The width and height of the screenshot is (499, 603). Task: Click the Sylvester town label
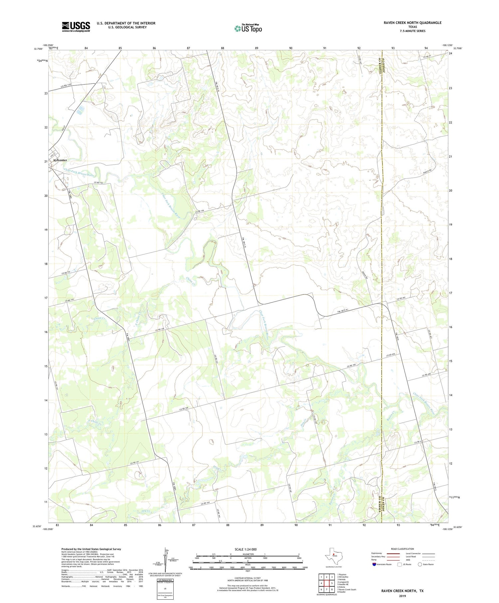[60, 160]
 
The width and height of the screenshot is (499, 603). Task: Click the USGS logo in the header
[76, 27]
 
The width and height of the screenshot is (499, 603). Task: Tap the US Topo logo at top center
[248, 29]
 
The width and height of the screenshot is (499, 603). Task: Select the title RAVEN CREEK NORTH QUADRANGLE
[413, 23]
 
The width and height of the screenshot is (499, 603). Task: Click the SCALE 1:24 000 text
[246, 549]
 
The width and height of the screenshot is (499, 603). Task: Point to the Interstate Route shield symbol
[374, 564]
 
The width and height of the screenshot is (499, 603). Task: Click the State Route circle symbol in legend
[420, 564]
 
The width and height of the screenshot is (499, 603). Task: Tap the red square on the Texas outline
[334, 554]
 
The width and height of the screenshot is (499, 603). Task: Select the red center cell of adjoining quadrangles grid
[327, 583]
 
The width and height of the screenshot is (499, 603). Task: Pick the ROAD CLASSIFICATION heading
[403, 549]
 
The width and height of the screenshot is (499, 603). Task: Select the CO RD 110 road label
[66, 86]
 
